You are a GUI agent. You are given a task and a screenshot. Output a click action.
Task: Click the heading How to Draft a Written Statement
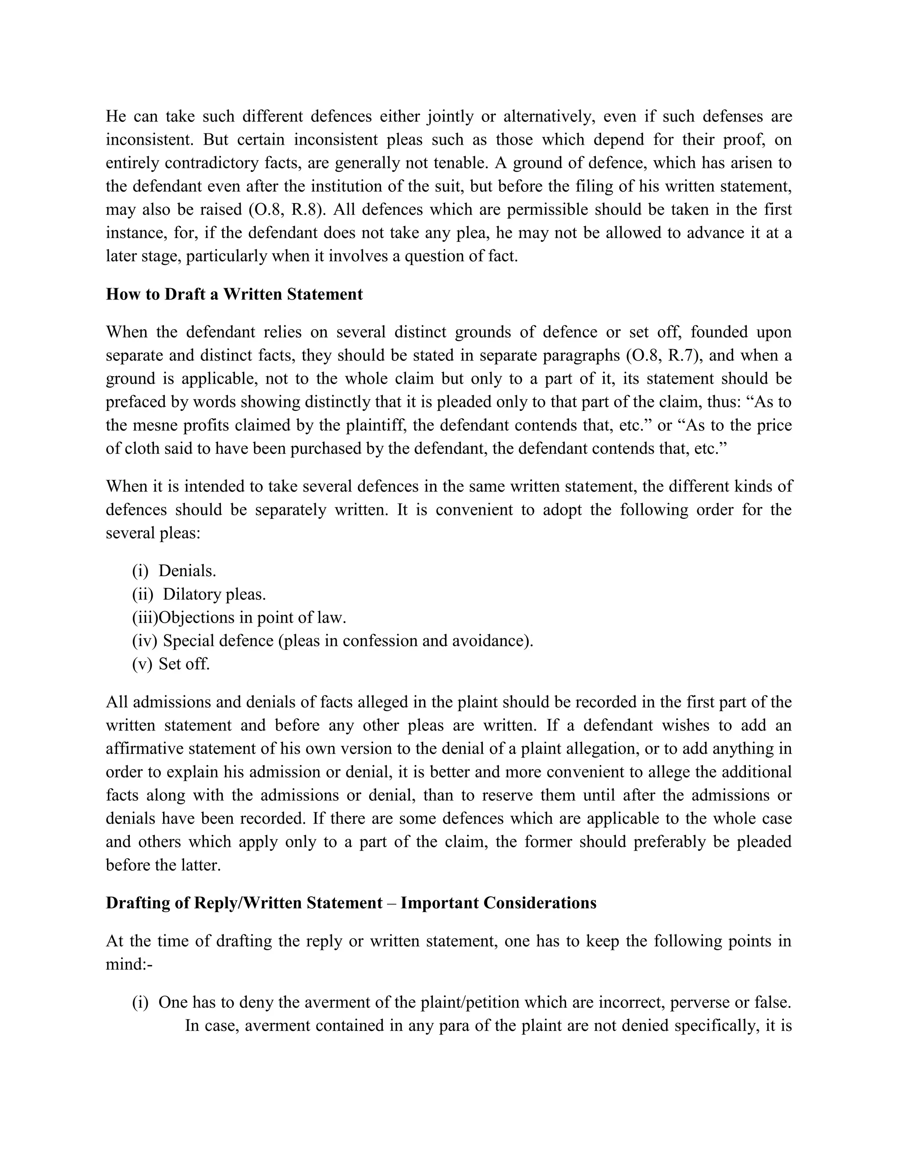(x=234, y=294)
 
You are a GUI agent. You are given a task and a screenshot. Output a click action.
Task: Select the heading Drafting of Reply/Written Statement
(x=244, y=903)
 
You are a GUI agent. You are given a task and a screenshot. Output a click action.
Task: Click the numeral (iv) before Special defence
(x=144, y=641)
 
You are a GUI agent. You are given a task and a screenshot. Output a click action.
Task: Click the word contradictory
(x=212, y=163)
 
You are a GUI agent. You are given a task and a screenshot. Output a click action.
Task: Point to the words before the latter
(x=163, y=865)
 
